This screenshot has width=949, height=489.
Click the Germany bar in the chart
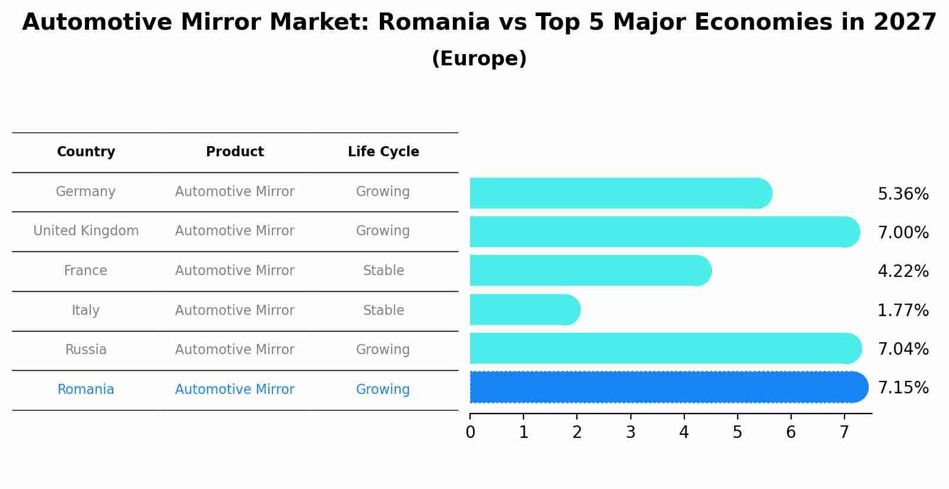click(x=620, y=193)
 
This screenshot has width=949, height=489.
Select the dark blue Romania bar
click(x=668, y=387)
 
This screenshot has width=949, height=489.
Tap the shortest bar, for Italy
click(x=525, y=310)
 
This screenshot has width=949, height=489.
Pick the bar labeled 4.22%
click(x=590, y=271)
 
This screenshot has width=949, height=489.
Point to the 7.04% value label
click(x=903, y=349)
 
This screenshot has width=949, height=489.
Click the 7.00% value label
click(x=903, y=232)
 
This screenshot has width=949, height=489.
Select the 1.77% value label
click(x=903, y=310)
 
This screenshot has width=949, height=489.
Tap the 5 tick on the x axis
click(x=737, y=433)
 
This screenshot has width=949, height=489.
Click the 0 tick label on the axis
click(x=471, y=433)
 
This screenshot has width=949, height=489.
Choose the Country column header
click(x=86, y=152)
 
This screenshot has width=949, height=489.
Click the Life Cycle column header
click(x=383, y=152)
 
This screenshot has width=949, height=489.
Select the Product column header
click(x=235, y=152)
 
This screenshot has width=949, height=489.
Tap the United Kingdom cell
click(x=86, y=231)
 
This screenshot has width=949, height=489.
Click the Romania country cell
click(x=86, y=390)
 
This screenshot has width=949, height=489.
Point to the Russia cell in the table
click(x=86, y=350)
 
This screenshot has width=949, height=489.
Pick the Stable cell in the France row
click(x=383, y=271)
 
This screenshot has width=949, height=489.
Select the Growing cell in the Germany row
click(x=383, y=192)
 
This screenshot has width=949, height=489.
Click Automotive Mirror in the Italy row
click(x=235, y=310)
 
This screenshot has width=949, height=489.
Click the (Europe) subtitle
click(x=479, y=59)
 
